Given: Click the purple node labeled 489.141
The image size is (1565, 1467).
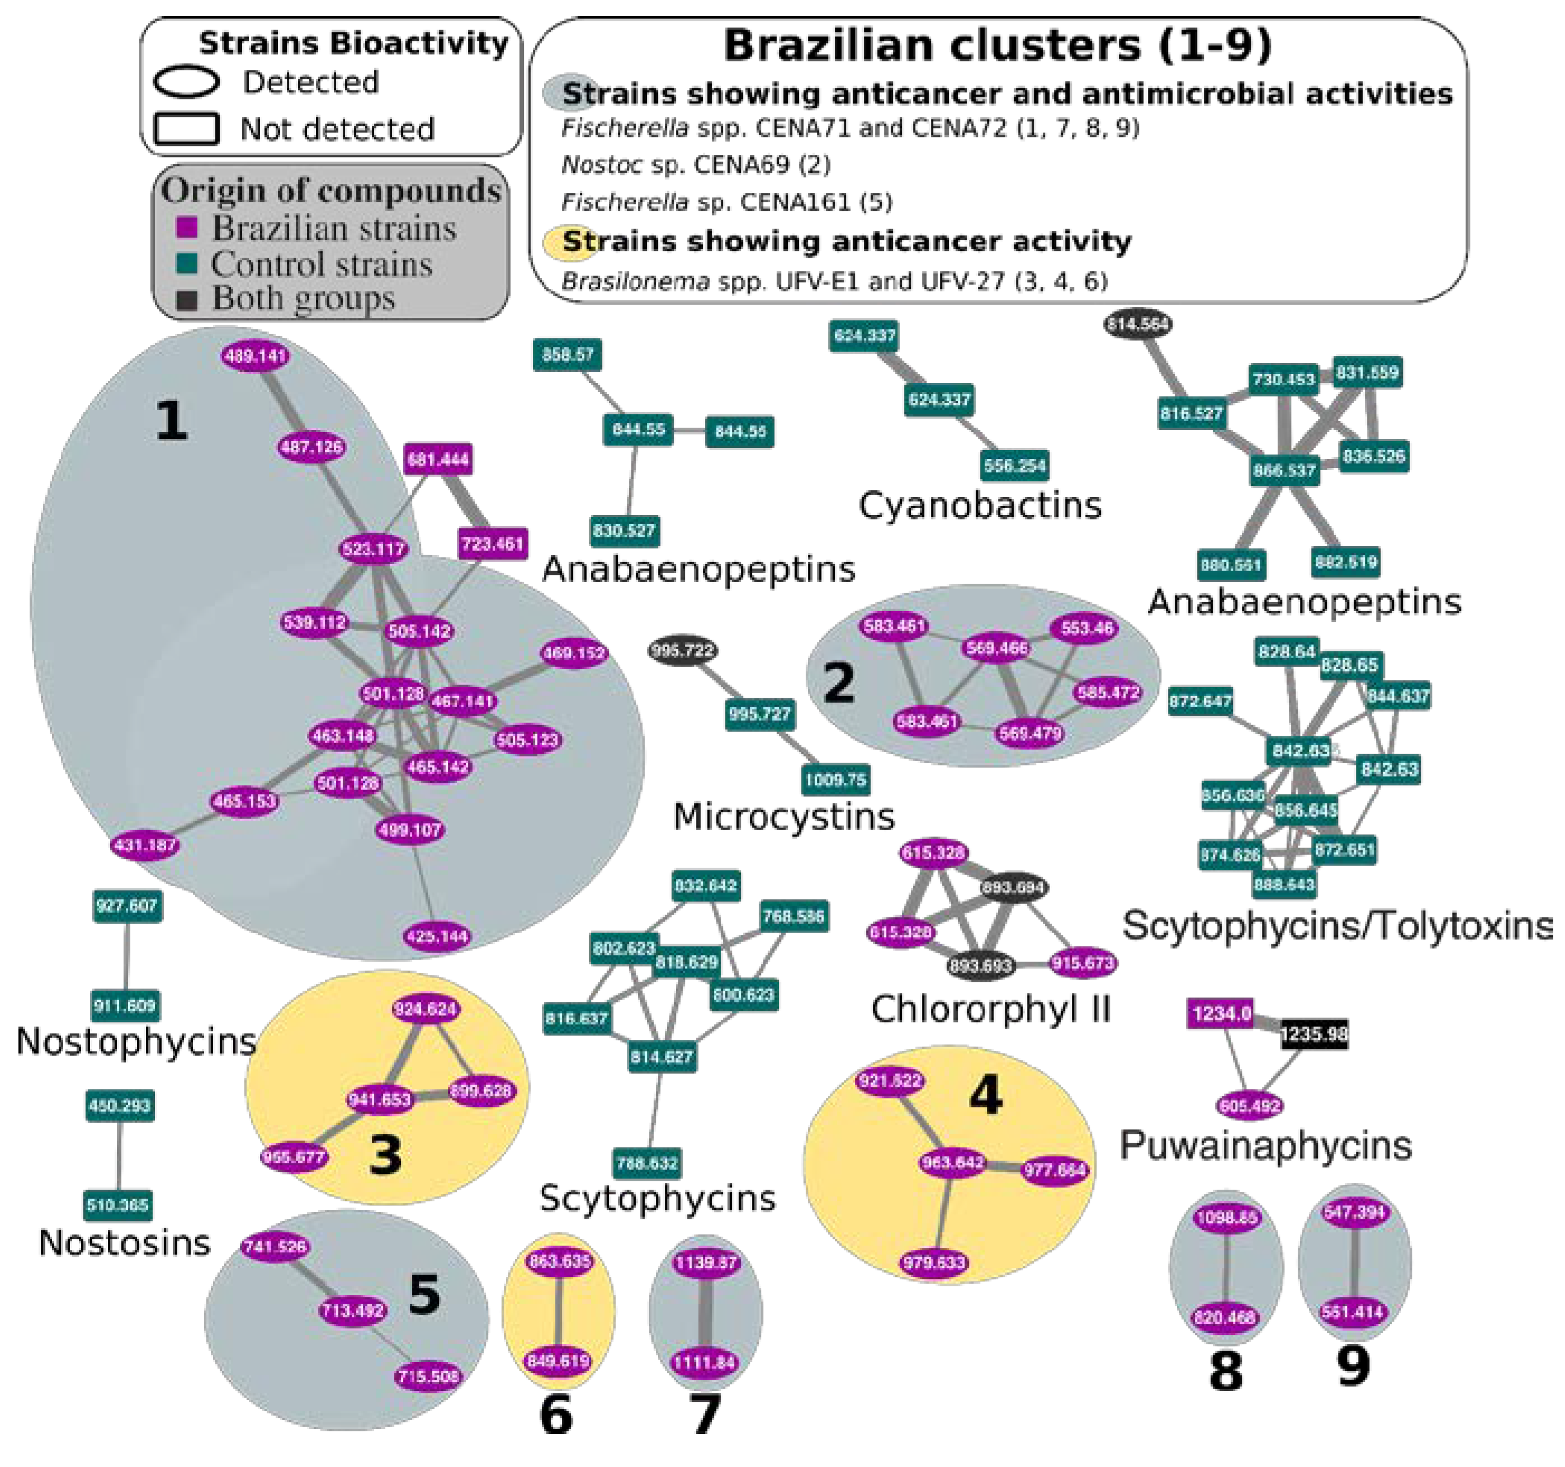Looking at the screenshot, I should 255,356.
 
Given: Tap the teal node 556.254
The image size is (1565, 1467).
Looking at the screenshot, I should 1015,465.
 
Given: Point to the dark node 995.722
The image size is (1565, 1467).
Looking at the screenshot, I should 683,650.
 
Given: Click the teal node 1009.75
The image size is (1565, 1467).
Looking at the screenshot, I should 835,780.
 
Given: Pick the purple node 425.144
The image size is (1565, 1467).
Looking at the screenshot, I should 437,936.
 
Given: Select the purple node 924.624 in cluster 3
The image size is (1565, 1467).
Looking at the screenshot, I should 425,1009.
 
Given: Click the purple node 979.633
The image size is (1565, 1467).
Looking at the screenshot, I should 934,1263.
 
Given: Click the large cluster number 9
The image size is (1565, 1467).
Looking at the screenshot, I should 1353,1366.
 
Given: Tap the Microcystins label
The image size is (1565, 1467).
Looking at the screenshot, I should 784,817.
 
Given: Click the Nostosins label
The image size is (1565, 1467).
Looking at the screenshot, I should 124,1243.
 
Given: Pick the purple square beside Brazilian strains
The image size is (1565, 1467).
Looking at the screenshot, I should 187,228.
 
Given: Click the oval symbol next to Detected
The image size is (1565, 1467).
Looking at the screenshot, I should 186,82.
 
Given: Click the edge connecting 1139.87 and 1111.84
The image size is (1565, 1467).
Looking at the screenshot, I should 706,1312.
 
